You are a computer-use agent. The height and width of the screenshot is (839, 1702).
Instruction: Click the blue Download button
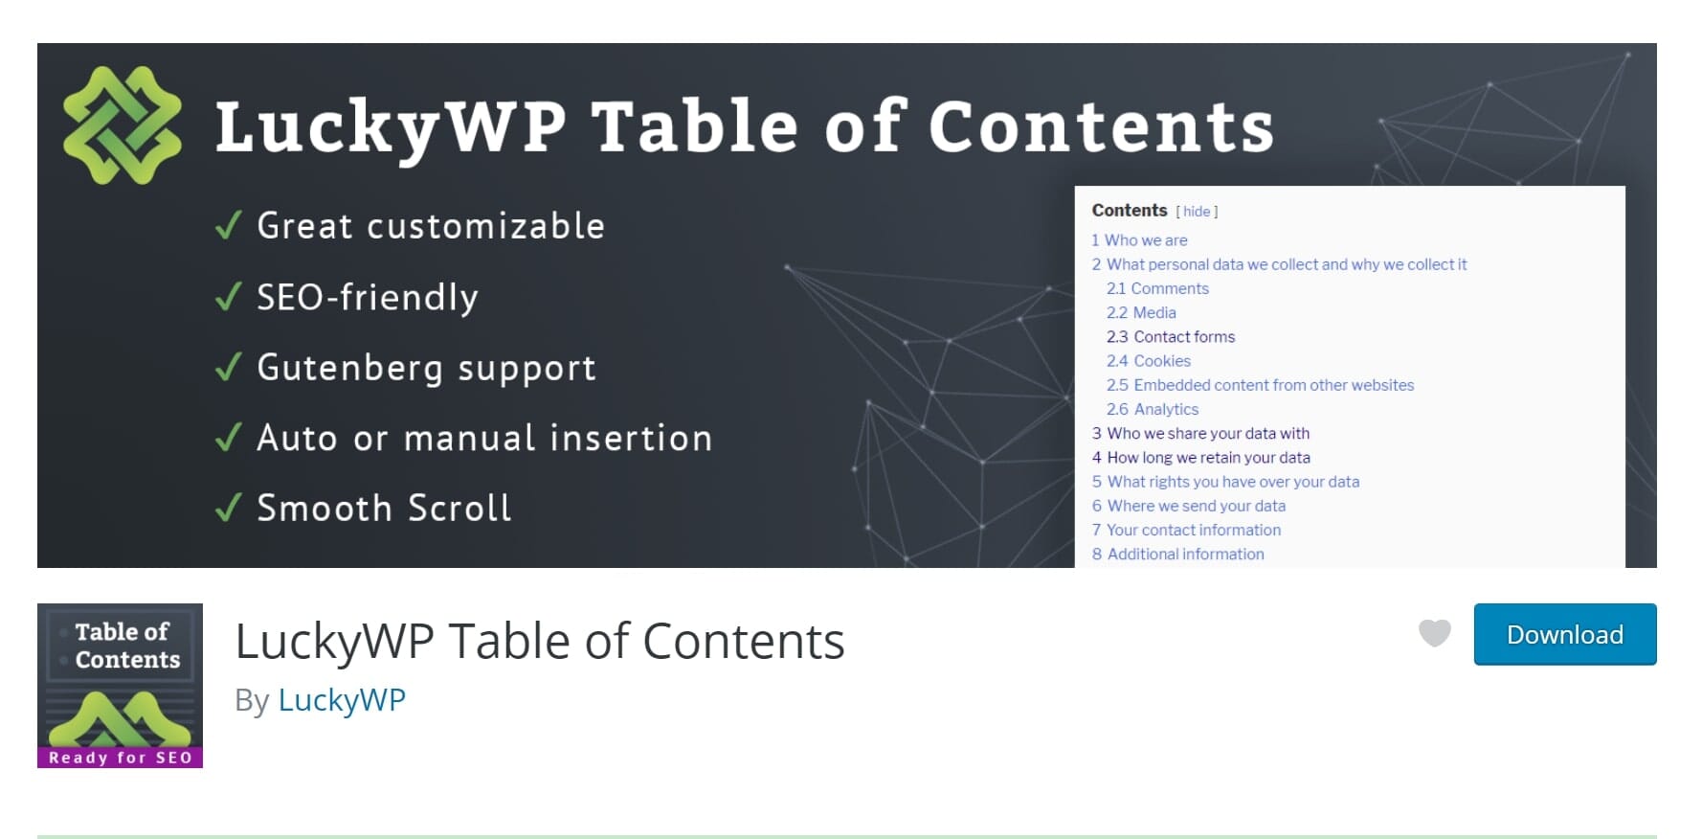coord(1564,634)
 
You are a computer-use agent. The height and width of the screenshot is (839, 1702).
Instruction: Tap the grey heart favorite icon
coord(1434,633)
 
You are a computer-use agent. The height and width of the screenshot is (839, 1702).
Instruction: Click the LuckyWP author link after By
coord(342,700)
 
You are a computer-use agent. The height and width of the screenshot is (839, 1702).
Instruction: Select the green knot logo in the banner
coord(122,125)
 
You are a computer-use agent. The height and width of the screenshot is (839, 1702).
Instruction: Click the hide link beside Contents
coord(1197,212)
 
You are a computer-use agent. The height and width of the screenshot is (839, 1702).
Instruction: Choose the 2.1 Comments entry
coord(1157,288)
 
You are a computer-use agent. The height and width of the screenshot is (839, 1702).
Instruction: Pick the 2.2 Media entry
coord(1141,312)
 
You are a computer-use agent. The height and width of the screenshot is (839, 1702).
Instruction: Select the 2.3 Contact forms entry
coord(1171,337)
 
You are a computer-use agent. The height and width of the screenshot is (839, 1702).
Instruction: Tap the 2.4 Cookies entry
coord(1149,361)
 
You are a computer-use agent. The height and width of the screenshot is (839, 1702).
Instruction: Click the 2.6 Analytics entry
coord(1153,409)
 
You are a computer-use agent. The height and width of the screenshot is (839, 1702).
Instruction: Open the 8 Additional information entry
coord(1178,554)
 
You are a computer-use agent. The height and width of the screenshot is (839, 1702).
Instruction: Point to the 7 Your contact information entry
coord(1186,530)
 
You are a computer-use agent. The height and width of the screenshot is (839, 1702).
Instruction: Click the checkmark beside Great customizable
coord(228,226)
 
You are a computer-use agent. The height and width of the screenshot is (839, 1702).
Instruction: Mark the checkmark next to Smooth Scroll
coord(228,508)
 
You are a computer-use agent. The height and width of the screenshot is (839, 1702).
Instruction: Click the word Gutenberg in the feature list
coord(350,369)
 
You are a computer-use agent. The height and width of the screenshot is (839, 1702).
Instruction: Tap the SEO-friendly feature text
coord(368,298)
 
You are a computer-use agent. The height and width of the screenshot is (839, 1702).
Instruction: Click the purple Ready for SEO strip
coord(120,758)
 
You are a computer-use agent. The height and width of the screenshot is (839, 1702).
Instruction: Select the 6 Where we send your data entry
coord(1189,506)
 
